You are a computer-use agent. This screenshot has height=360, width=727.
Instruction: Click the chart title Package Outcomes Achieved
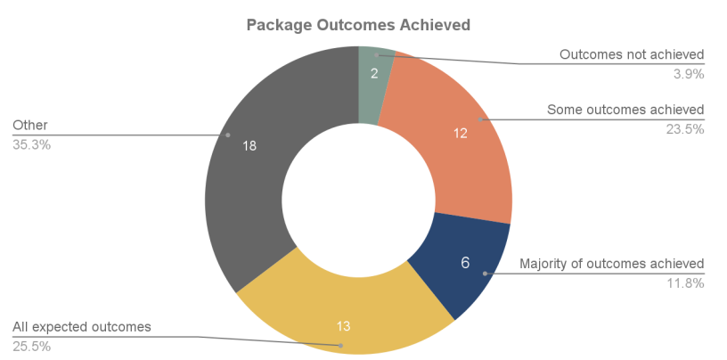tap(358, 25)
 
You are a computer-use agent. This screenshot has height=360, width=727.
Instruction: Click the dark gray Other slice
tap(249, 178)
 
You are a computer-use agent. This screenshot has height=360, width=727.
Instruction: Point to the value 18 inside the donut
tap(249, 146)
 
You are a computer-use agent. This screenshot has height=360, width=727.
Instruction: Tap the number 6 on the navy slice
tap(464, 263)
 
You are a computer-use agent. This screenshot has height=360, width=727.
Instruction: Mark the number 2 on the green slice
tap(375, 73)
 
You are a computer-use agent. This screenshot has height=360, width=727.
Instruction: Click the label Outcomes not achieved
tap(632, 54)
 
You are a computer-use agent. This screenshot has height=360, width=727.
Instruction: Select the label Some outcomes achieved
tap(625, 110)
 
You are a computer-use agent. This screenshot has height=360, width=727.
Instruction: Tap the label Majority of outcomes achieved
tap(612, 264)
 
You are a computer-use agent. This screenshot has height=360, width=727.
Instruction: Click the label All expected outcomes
tap(82, 326)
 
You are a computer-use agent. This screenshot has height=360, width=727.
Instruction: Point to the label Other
tap(30, 125)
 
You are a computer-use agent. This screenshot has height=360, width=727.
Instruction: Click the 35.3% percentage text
tap(32, 143)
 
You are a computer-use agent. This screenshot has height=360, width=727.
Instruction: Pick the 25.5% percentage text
tap(32, 345)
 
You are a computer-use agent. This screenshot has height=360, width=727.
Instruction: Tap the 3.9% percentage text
tap(689, 74)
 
